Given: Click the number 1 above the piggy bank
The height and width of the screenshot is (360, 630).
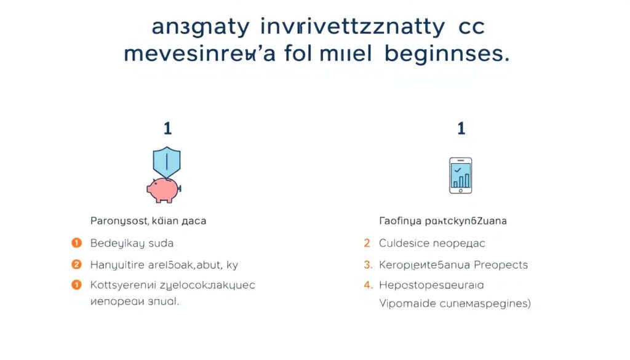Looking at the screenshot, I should [167, 128].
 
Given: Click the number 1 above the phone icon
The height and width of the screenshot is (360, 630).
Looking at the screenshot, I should [461, 128].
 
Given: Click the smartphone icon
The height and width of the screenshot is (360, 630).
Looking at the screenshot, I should [460, 175].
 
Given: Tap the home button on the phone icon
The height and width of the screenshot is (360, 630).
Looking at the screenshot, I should [460, 190].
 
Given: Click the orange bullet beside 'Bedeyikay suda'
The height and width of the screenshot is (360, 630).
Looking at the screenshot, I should [77, 243].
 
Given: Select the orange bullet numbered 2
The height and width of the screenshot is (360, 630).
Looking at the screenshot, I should [77, 265].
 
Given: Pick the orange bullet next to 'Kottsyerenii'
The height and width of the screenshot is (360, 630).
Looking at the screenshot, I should [77, 285].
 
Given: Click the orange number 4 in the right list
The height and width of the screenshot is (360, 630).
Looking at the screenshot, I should [368, 286].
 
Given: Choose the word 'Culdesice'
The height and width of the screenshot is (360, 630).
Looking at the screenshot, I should [403, 244].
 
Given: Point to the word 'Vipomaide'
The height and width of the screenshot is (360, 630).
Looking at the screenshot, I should [406, 304].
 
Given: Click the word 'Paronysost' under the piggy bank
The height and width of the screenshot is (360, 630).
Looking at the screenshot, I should [114, 220].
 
